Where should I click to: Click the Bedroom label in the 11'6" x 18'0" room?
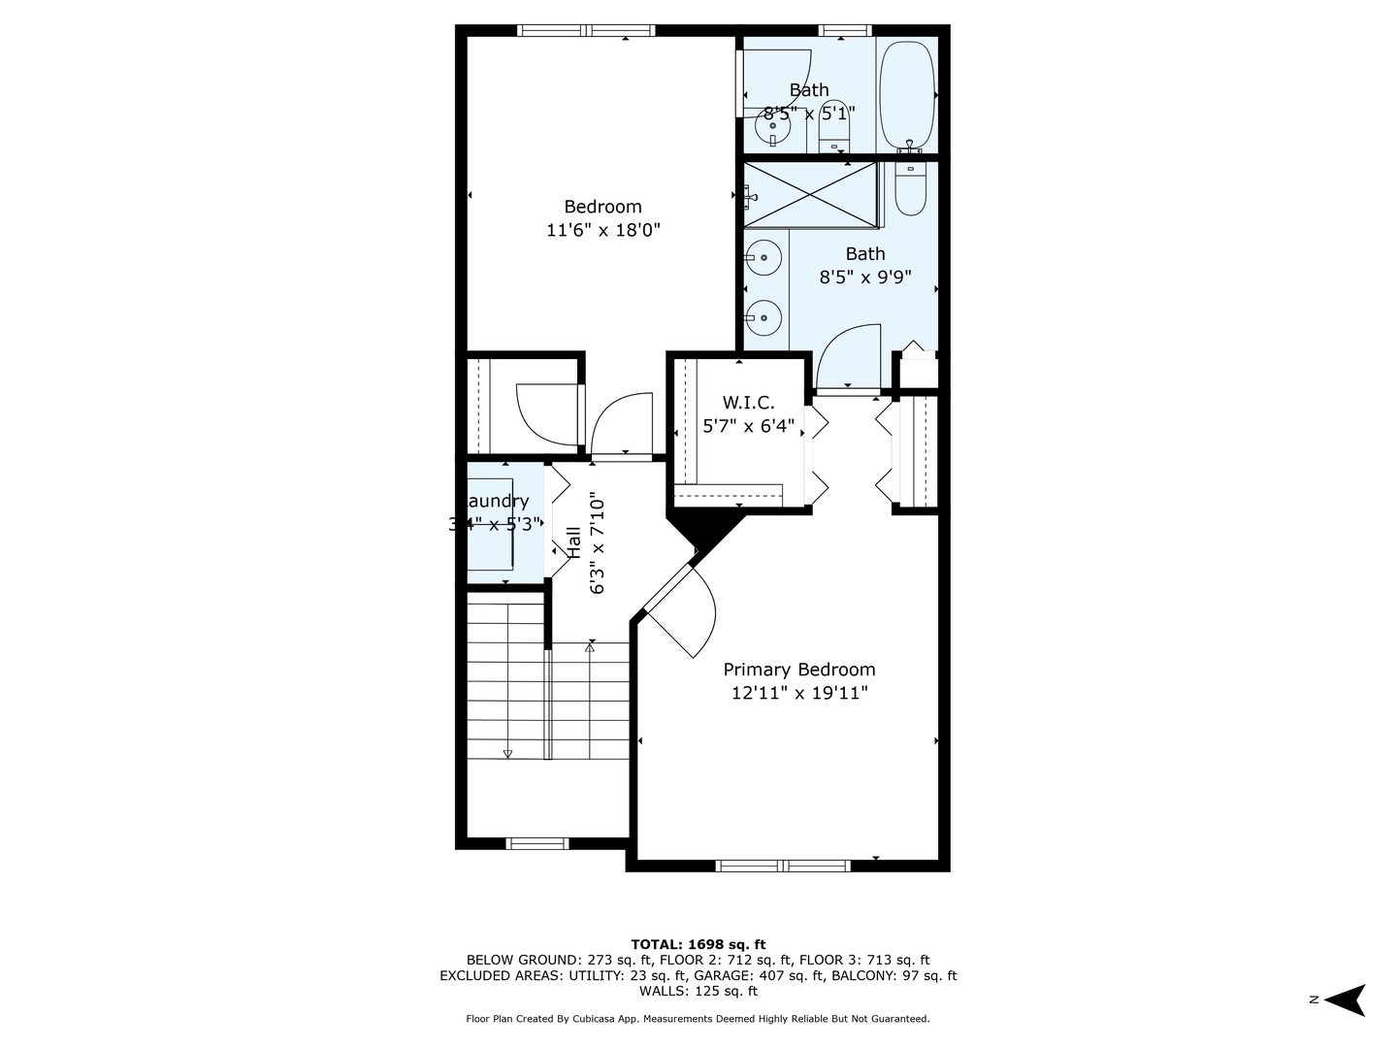(x=602, y=207)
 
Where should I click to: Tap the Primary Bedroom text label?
(x=799, y=670)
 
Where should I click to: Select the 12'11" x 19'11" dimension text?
(x=799, y=693)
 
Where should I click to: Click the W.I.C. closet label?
(x=748, y=403)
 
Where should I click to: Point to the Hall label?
(x=574, y=542)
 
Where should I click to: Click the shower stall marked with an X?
(x=810, y=195)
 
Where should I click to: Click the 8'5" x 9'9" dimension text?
(x=865, y=278)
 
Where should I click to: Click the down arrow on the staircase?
(x=507, y=752)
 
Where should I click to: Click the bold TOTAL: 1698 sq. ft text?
(x=698, y=944)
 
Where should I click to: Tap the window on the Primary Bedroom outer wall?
(x=783, y=865)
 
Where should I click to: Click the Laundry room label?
(x=498, y=502)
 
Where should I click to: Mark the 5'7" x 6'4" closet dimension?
(x=748, y=426)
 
